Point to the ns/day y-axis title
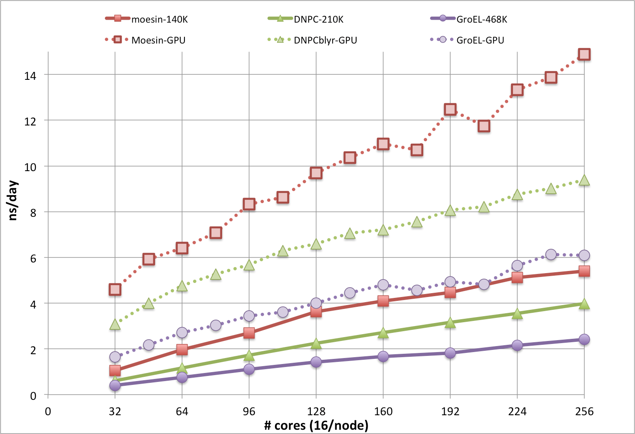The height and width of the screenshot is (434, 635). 13,200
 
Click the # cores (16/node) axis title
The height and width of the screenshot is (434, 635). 316,425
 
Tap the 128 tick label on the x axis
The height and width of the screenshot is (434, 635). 316,411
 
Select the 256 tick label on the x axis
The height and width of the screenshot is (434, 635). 584,411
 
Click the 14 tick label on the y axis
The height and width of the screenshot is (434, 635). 30,76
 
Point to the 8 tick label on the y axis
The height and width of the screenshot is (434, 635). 33,213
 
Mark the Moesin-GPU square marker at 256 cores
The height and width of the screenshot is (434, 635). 584,54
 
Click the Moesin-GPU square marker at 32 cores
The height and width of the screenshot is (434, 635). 115,289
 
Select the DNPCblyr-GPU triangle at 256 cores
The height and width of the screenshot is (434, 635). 584,181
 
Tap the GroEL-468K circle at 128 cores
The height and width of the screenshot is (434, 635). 316,362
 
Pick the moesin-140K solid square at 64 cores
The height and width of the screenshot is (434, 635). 182,350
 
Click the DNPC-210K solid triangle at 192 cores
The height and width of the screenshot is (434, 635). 450,323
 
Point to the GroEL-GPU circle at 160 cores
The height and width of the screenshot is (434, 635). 383,285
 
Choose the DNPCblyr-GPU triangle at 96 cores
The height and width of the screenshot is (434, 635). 249,265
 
